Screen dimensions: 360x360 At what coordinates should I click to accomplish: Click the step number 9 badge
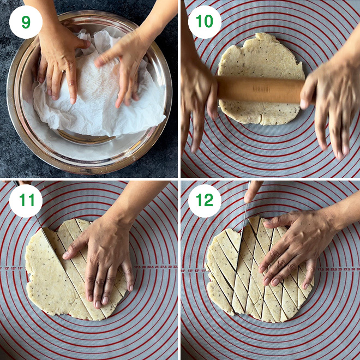coord(25,22)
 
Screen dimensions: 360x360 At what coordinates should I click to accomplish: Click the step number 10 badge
coord(205,22)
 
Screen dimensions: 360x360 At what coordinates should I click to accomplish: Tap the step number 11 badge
coord(25,200)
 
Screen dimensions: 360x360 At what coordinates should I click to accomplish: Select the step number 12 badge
coord(205,200)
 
